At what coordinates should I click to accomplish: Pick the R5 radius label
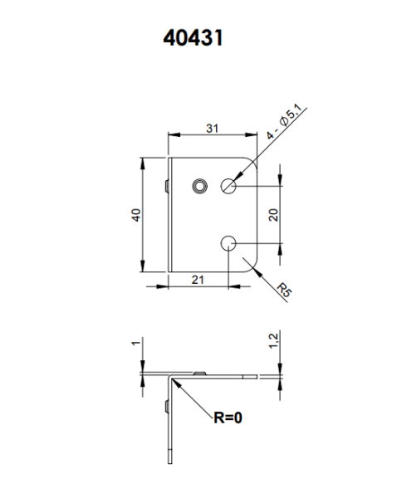[284, 290]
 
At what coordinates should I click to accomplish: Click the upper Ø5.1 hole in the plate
[230, 186]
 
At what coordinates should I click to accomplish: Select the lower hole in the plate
[230, 242]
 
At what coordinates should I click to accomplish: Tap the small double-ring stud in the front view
[198, 185]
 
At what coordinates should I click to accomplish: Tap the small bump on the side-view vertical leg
[167, 406]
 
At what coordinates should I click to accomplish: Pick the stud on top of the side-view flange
[198, 373]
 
